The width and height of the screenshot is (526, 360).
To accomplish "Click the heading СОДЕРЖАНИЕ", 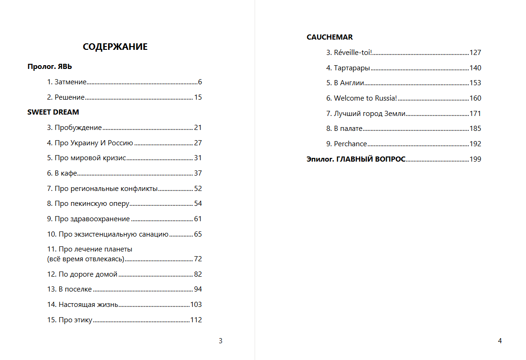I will [115, 47].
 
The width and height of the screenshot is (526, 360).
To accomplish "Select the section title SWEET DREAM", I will [53, 112].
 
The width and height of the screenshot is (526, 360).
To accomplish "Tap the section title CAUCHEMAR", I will [330, 37].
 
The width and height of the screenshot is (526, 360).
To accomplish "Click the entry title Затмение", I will [70, 82].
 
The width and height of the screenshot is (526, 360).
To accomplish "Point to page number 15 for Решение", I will [198, 97].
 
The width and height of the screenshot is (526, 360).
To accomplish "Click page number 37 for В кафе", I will [198, 173].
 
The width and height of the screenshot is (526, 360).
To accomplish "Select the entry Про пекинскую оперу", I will [92, 204].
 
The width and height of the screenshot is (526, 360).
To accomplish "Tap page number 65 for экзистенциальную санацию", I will [198, 234].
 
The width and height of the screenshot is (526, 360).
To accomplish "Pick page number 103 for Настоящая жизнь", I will [196, 305].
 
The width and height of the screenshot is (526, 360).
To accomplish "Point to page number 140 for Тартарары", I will [475, 68].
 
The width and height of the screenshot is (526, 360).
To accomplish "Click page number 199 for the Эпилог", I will [475, 159].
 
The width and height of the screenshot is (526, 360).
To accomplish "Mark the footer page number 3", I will [221, 341].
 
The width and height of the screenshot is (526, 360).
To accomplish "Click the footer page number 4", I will [500, 341].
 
